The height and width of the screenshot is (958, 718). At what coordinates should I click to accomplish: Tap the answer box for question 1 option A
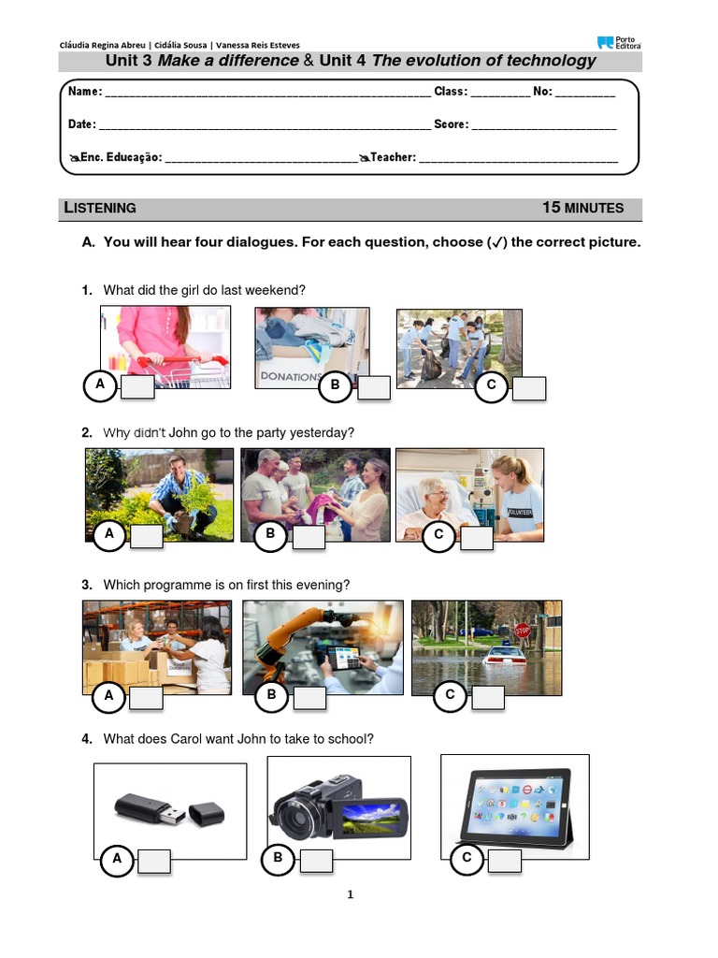pyautogui.click(x=136, y=387)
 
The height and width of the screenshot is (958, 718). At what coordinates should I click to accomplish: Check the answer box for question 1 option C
pyautogui.click(x=528, y=388)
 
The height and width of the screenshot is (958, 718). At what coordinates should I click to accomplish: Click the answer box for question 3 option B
pyautogui.click(x=309, y=697)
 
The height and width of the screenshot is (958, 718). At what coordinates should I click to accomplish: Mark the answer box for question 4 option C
pyautogui.click(x=504, y=862)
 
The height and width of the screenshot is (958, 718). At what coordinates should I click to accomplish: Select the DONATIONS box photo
pyautogui.click(x=312, y=347)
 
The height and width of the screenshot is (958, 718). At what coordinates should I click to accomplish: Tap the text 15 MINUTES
pyautogui.click(x=582, y=208)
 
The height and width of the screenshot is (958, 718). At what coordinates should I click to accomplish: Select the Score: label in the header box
pyautogui.click(x=451, y=124)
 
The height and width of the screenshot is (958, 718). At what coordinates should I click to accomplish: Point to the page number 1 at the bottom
pyautogui.click(x=351, y=894)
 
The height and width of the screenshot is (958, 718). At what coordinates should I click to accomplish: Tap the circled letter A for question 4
pyautogui.click(x=117, y=859)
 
